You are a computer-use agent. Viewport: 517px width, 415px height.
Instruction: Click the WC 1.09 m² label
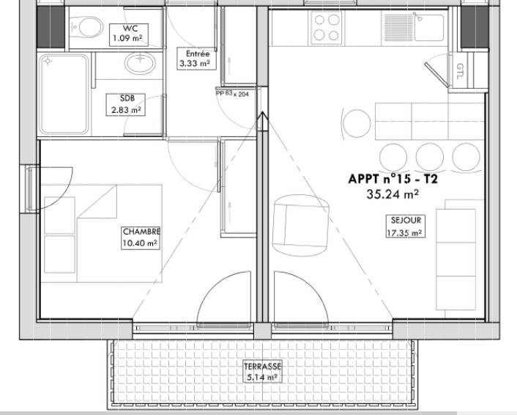[x=129, y=34]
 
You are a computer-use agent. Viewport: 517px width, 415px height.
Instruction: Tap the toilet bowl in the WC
[x=88, y=26]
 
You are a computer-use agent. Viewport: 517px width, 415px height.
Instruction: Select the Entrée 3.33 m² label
[x=197, y=59]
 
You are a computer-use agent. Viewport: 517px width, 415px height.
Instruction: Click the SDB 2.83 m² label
[x=126, y=105]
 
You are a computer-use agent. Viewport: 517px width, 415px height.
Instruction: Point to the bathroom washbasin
[x=141, y=63]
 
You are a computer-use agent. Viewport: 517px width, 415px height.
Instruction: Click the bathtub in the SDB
[x=64, y=95]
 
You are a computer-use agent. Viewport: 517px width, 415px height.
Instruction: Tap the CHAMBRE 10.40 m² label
[x=141, y=238]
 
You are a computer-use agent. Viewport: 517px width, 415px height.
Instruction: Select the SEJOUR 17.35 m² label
[x=405, y=227]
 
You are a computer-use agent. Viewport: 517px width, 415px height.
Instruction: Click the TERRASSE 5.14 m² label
[x=262, y=371]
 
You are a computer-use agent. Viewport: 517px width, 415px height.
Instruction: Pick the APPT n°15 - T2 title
[x=393, y=179]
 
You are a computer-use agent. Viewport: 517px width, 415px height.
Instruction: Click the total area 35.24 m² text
[x=393, y=194]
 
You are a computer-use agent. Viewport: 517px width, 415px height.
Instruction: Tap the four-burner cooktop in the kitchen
[x=326, y=28]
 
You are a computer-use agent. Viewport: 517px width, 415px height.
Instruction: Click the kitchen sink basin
[x=429, y=27]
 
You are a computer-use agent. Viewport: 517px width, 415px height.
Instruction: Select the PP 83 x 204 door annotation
[x=232, y=93]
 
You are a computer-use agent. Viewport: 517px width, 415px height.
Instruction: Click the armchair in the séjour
[x=300, y=225]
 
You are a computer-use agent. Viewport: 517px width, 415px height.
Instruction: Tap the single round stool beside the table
[x=357, y=123]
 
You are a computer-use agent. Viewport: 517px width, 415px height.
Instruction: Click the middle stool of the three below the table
[x=429, y=157]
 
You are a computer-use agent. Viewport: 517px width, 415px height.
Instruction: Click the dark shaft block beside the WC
[x=51, y=27]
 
